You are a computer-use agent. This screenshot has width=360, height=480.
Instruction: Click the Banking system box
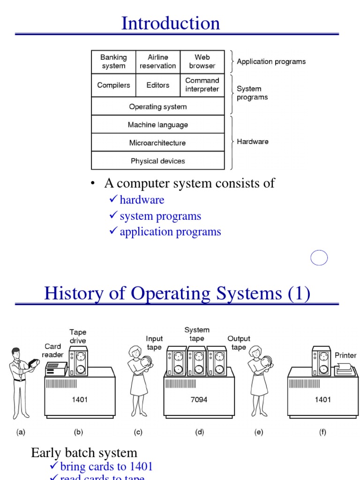coord(113,61)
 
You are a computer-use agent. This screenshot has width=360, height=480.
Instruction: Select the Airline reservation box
coord(158,61)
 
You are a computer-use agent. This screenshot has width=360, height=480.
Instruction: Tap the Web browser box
coord(202,61)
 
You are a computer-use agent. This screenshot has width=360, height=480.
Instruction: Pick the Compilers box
coord(113,85)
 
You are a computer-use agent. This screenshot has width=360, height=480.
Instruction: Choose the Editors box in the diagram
coord(158,85)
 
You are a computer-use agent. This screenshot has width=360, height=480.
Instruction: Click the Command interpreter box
coord(202,85)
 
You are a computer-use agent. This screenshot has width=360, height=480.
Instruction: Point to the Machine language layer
coord(158,125)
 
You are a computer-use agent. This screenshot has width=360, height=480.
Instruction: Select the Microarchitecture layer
coord(158,143)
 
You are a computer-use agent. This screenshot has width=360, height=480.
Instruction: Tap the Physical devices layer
coord(158,161)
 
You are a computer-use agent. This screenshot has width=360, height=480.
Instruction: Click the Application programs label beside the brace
coord(271,61)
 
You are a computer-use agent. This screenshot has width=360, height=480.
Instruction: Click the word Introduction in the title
coord(171,23)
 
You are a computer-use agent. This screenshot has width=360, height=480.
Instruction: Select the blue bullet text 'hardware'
coord(142,200)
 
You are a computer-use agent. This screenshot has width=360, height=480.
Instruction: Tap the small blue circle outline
coord(319,258)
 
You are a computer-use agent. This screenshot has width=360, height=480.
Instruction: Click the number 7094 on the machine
coord(200,400)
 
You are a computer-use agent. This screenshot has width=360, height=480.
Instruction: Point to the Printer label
coord(345,355)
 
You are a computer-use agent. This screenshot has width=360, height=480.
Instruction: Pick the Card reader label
coord(52,351)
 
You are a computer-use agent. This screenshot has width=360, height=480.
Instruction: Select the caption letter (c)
coord(138,433)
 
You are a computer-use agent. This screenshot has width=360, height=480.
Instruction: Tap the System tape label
coord(197,334)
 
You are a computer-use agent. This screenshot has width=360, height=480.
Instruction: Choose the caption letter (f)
coord(322,433)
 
